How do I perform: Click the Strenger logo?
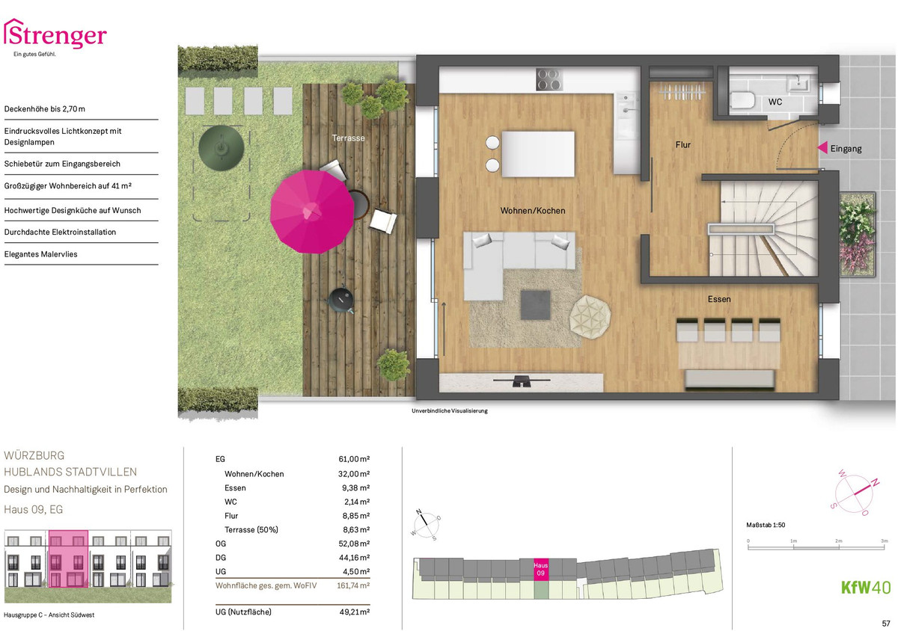[x=55, y=36]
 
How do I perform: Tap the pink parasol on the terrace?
[x=312, y=212]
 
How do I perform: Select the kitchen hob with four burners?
[x=549, y=79]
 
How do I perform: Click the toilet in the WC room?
[x=742, y=100]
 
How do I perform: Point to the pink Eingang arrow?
[x=822, y=148]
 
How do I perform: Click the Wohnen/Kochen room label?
[x=533, y=211]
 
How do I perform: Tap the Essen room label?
[x=719, y=299]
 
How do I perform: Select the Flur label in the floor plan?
[x=683, y=144]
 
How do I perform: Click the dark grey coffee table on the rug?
[x=536, y=305]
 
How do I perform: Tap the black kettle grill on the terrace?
[x=341, y=299]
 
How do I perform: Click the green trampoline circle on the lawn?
[x=222, y=148]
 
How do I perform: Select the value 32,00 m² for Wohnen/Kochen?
[x=353, y=474]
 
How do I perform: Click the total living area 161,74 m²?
[x=353, y=585]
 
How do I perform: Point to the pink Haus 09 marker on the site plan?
[x=541, y=569]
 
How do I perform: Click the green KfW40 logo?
[x=866, y=588]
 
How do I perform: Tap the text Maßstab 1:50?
[x=766, y=525]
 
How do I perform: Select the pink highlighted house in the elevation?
[x=69, y=559]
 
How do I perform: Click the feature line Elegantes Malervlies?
[x=41, y=254]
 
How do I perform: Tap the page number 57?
[x=886, y=624]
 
